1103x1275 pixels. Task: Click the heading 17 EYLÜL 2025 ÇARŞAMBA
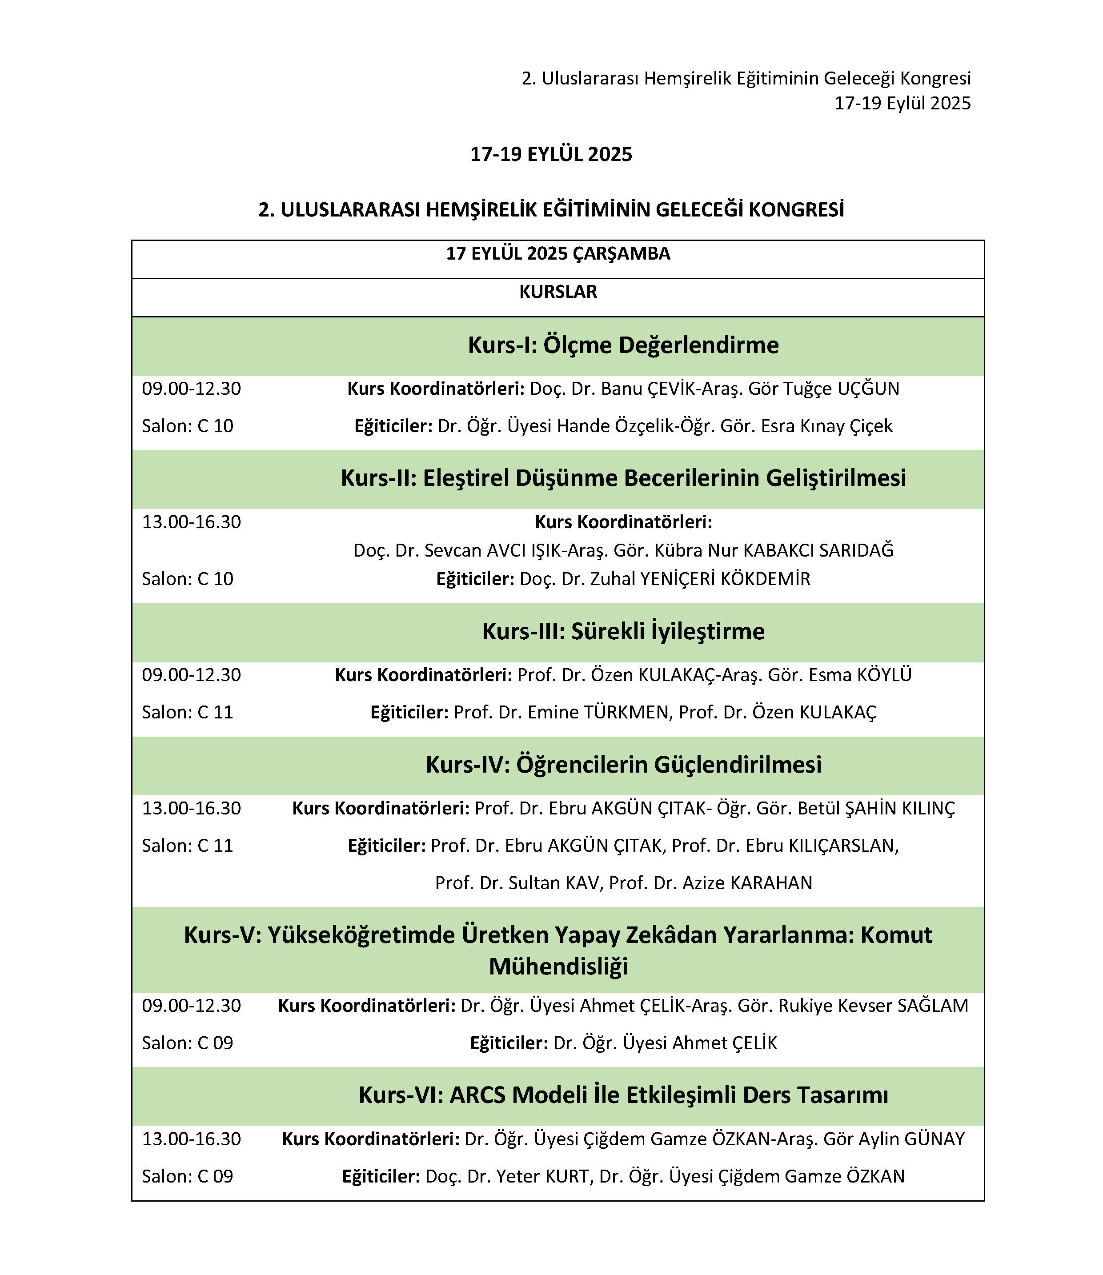tap(558, 253)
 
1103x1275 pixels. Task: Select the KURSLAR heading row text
tap(558, 292)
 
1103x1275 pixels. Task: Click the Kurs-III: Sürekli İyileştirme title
tap(623, 631)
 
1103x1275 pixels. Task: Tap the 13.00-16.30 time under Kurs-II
tap(192, 522)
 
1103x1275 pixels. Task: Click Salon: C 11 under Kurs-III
tap(188, 712)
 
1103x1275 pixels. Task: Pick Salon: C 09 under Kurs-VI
tap(188, 1176)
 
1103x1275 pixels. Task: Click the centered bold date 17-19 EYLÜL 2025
tap(551, 154)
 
